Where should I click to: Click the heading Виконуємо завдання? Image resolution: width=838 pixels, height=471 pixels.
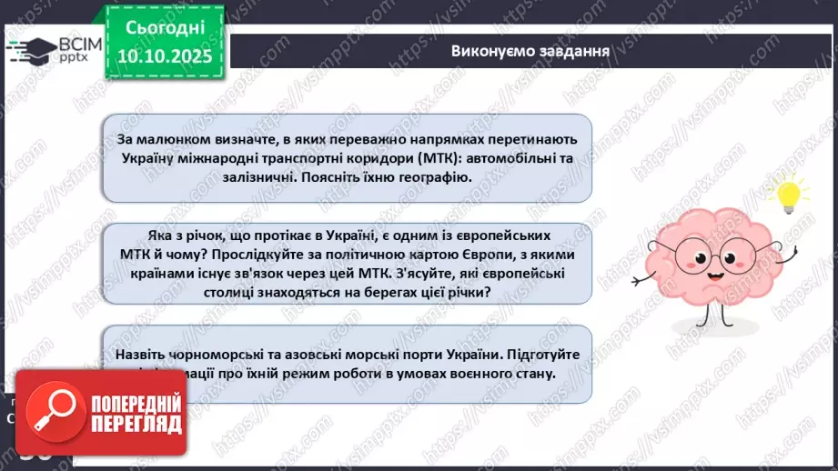[530, 50]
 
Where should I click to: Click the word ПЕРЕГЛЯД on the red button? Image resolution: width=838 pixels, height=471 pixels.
[136, 424]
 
